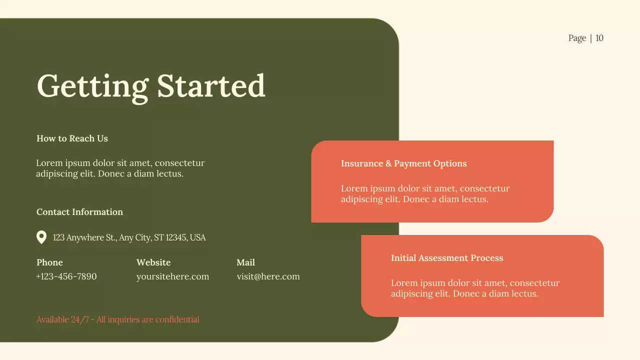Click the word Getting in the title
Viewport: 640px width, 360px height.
click(92, 86)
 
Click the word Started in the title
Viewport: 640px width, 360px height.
click(211, 86)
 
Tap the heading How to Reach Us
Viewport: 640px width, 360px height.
click(72, 138)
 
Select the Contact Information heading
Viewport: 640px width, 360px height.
click(79, 212)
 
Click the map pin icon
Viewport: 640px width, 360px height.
click(41, 237)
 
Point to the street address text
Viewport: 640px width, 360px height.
click(129, 237)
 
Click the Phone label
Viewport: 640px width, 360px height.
click(49, 262)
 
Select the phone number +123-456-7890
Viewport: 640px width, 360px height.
click(66, 276)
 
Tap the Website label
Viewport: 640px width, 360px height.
click(153, 262)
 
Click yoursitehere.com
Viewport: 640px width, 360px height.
click(172, 276)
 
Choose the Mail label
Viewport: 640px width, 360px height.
click(245, 262)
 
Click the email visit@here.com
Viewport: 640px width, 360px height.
click(268, 276)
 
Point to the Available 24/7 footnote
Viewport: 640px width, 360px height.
click(117, 319)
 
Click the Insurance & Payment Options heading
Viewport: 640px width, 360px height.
click(403, 163)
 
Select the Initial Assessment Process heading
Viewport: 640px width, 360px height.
click(447, 258)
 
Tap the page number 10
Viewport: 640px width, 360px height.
click(599, 38)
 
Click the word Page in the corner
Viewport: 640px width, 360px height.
click(577, 38)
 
